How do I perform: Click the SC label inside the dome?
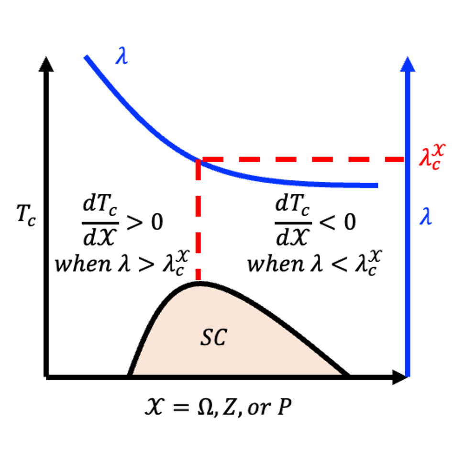coord(214,337)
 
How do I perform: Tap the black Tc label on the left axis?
coord(26,215)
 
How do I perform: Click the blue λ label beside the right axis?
coord(426,216)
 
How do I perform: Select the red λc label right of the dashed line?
coord(432,156)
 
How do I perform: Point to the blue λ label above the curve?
coord(122,55)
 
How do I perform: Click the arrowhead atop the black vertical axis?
coord(46,64)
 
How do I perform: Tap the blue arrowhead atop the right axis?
coord(408,64)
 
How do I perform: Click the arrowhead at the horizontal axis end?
coord(400,377)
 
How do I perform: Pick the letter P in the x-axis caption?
coord(284,407)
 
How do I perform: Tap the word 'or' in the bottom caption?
coord(258,409)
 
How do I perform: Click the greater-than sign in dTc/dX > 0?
coord(134,222)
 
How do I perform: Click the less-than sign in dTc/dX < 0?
coord(328,222)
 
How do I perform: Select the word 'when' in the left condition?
coord(83,264)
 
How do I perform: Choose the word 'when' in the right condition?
coord(276,264)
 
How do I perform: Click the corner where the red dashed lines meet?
coord(199,160)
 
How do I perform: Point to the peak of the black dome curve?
coord(200,283)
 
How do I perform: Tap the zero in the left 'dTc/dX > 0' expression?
coord(157,222)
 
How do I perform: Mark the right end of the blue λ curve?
coord(377,186)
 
